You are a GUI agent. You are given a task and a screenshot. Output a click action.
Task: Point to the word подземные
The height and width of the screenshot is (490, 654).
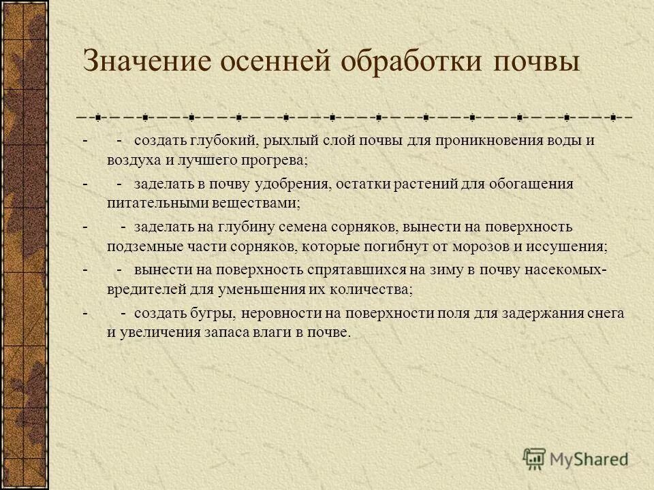[x=137, y=246]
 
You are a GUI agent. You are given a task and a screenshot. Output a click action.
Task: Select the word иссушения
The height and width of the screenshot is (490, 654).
[x=574, y=246]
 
